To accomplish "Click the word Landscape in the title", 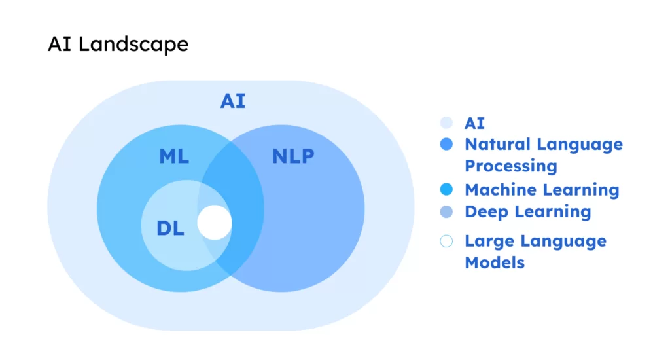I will point(132,45).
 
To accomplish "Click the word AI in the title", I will point(57,44).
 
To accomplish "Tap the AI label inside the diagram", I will point(232,101).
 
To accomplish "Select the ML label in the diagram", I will point(174,157).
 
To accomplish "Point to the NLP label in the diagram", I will point(293,157).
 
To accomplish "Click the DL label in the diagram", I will point(171,228).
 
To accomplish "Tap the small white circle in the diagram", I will point(215,223).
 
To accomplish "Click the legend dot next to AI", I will point(447,123).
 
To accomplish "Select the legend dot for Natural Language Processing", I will point(447,145).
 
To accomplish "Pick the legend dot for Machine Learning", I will point(447,190).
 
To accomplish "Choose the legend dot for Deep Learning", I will point(447,212).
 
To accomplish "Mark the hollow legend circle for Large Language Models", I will point(447,242).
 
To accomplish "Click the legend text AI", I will point(475,123).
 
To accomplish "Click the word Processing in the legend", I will point(511,166).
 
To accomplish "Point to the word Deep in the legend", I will point(485,212).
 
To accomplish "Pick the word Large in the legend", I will point(487,242).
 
